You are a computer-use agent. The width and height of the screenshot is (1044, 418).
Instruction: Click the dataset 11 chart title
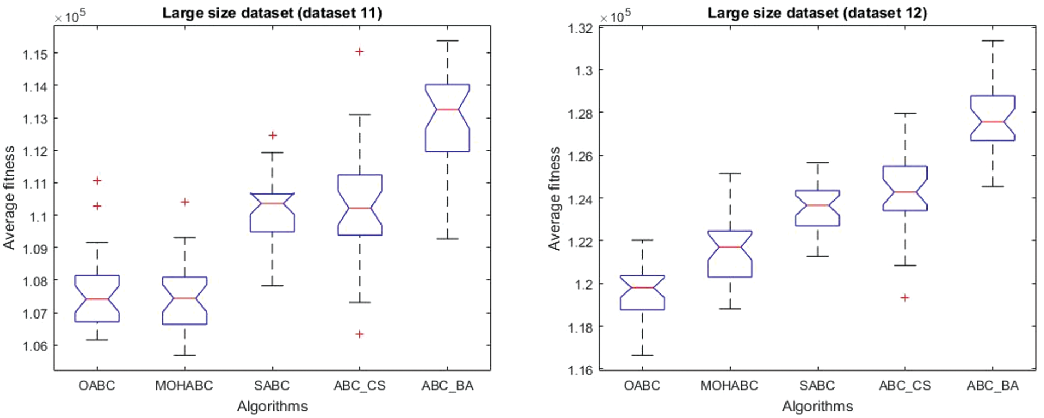point(272,13)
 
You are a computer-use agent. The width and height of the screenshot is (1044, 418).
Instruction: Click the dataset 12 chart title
point(817,13)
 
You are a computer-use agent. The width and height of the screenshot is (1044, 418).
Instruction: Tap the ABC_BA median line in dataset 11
point(447,110)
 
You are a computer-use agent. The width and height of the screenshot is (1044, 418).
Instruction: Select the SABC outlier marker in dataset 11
point(272,135)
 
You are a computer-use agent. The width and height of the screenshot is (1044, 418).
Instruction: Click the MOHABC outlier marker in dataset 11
point(185,202)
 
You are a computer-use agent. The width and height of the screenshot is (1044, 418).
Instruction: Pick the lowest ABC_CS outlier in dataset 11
point(359,334)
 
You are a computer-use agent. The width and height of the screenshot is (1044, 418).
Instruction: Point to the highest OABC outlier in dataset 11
point(97,180)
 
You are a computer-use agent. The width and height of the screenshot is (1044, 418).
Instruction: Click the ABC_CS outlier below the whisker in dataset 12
point(905,298)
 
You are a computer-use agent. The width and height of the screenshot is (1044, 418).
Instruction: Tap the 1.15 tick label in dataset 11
point(35,54)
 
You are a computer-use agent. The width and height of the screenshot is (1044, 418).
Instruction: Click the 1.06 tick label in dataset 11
point(35,346)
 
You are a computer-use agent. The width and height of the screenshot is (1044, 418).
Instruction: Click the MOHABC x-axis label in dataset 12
point(729,386)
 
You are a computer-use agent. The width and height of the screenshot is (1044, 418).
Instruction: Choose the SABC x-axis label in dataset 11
point(272,386)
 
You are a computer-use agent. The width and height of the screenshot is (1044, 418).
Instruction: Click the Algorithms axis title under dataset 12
point(817,407)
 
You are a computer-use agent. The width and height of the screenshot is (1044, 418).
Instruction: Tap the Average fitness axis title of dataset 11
point(9,198)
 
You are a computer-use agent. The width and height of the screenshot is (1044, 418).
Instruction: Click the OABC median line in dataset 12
point(642,287)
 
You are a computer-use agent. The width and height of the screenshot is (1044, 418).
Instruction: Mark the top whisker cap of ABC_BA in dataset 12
point(993,40)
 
